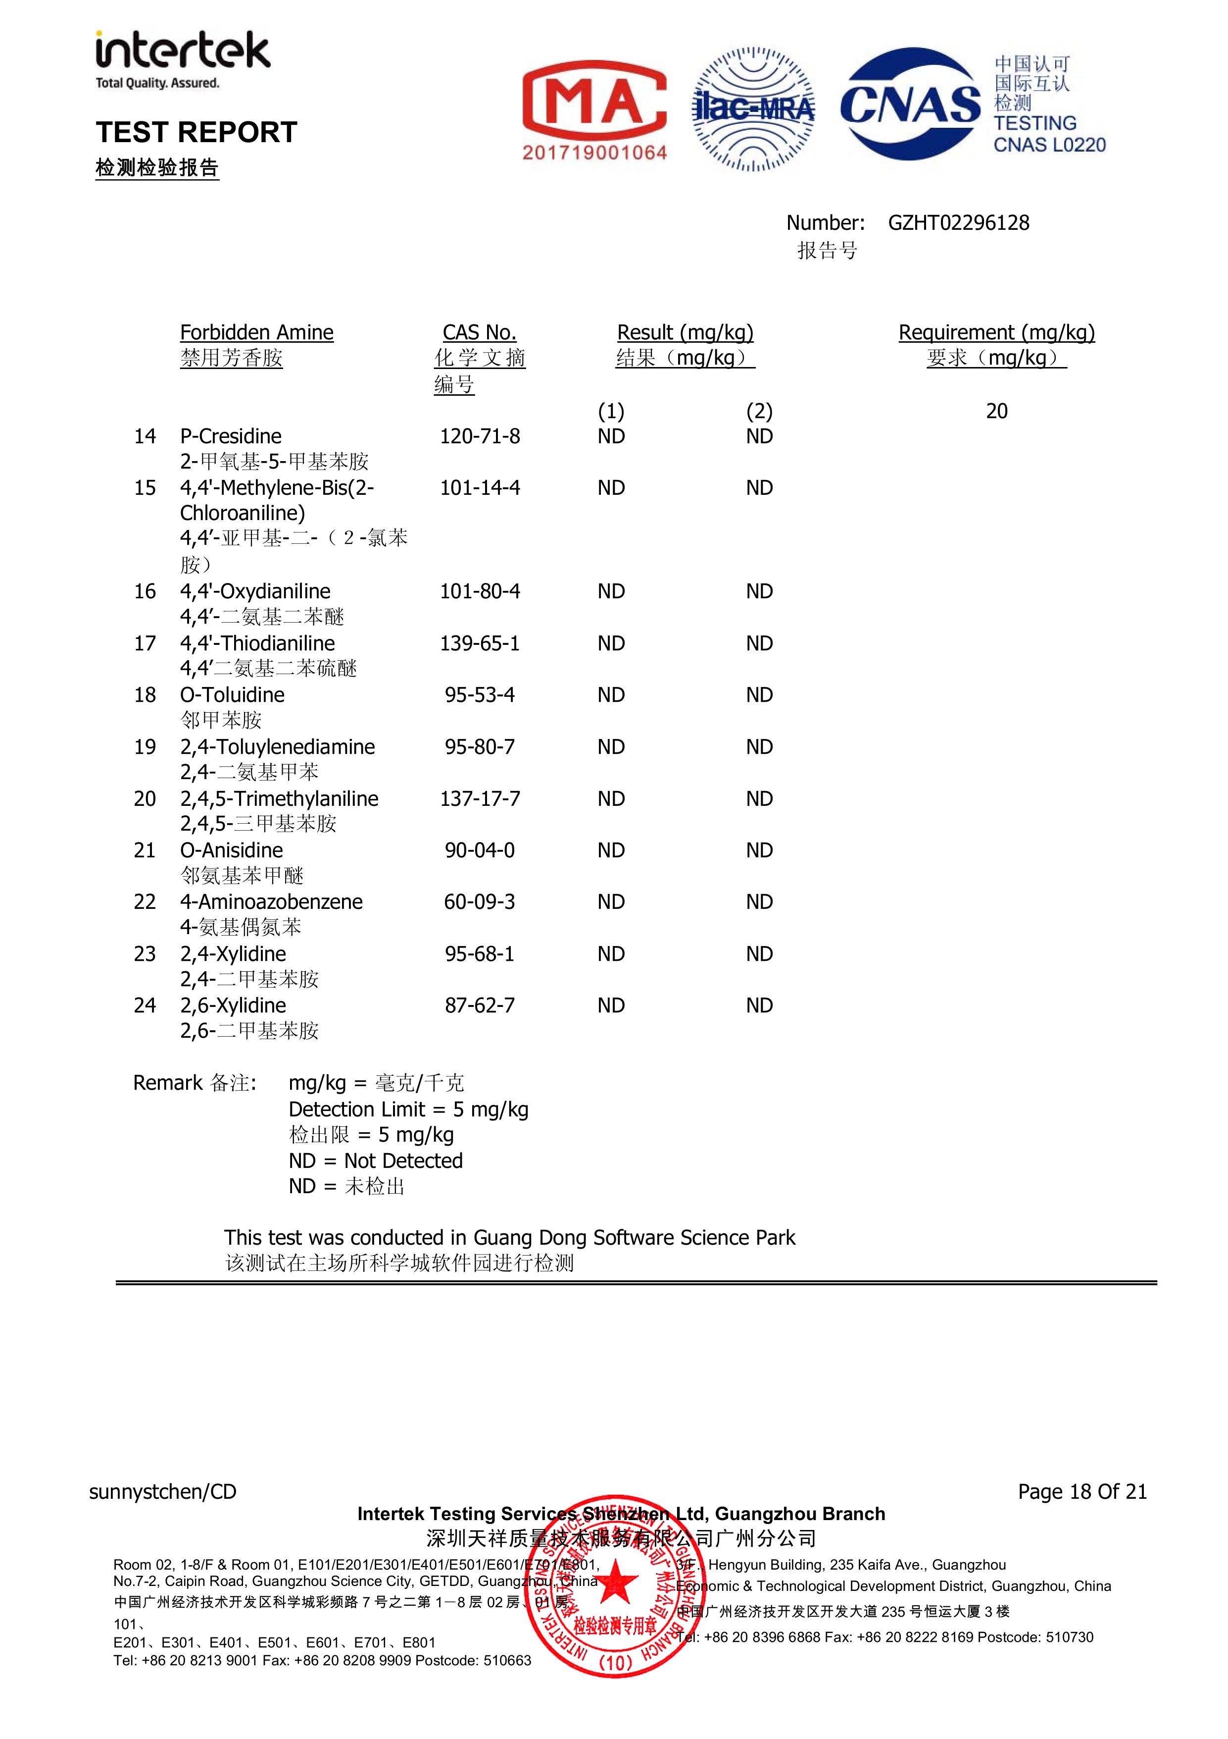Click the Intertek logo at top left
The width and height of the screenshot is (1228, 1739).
coord(182,59)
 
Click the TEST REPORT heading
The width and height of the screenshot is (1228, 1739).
coord(196,133)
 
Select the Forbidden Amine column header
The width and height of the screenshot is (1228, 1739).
coord(257,332)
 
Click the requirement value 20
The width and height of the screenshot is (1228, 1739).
coord(996,411)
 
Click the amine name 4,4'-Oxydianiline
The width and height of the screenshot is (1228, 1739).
coord(255,591)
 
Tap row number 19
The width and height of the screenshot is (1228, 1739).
coord(145,747)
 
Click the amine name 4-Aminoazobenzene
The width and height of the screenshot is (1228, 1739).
coord(271,902)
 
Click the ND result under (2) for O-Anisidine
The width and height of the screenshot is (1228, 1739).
coord(759,850)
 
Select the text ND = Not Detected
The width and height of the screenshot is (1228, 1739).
coord(376,1161)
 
